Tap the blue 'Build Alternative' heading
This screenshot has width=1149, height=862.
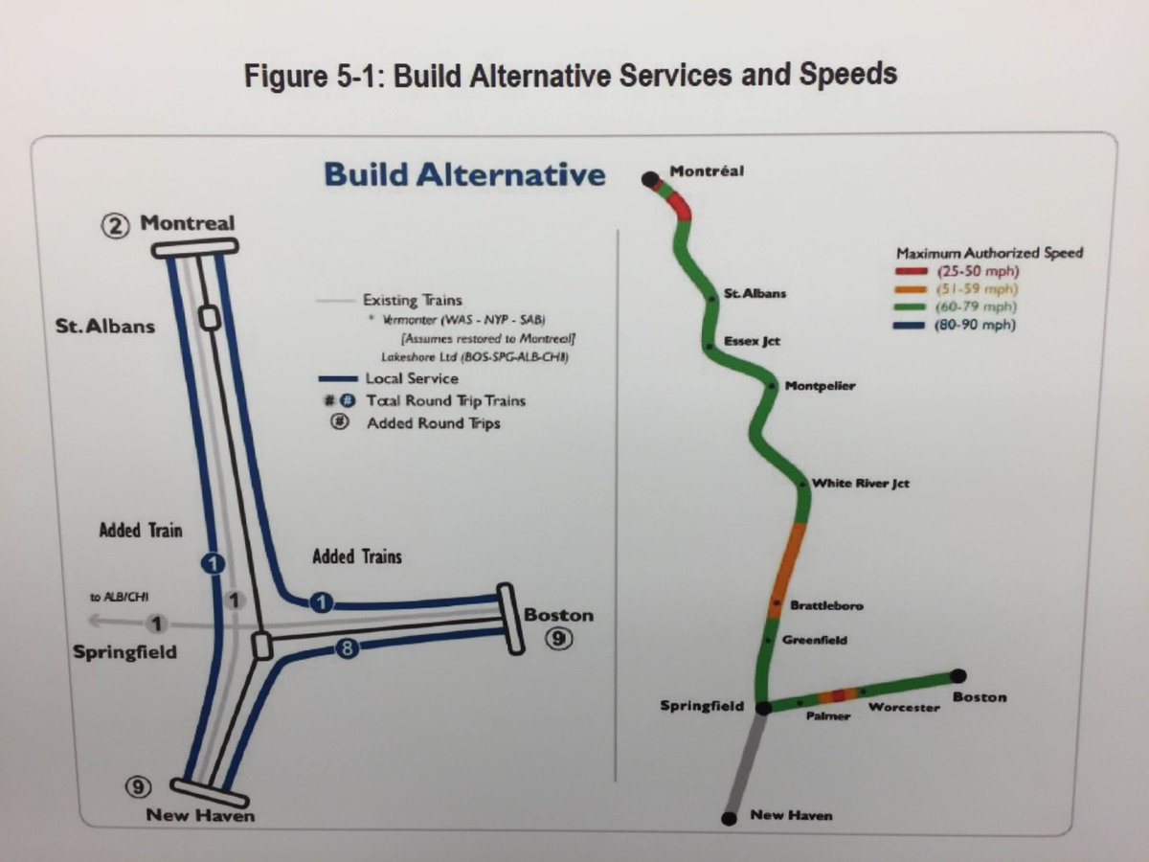click(464, 175)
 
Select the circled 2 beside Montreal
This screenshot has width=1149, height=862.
click(116, 226)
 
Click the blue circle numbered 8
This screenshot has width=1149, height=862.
click(347, 649)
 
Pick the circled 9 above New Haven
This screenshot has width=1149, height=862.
click(138, 787)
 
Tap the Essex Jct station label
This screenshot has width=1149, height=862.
click(752, 341)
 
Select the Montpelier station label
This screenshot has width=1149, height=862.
click(820, 386)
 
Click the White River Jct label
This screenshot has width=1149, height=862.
click(860, 484)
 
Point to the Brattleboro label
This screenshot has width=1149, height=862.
click(826, 605)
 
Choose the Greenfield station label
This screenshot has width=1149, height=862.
click(815, 640)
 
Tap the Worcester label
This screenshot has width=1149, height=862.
click(903, 707)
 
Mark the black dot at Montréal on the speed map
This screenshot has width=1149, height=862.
click(650, 178)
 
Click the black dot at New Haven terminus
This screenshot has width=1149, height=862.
click(729, 818)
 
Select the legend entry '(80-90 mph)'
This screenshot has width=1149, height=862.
click(976, 326)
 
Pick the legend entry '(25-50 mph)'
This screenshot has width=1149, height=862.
click(976, 271)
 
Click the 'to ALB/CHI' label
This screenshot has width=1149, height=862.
click(108, 598)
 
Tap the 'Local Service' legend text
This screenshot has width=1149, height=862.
click(412, 379)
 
